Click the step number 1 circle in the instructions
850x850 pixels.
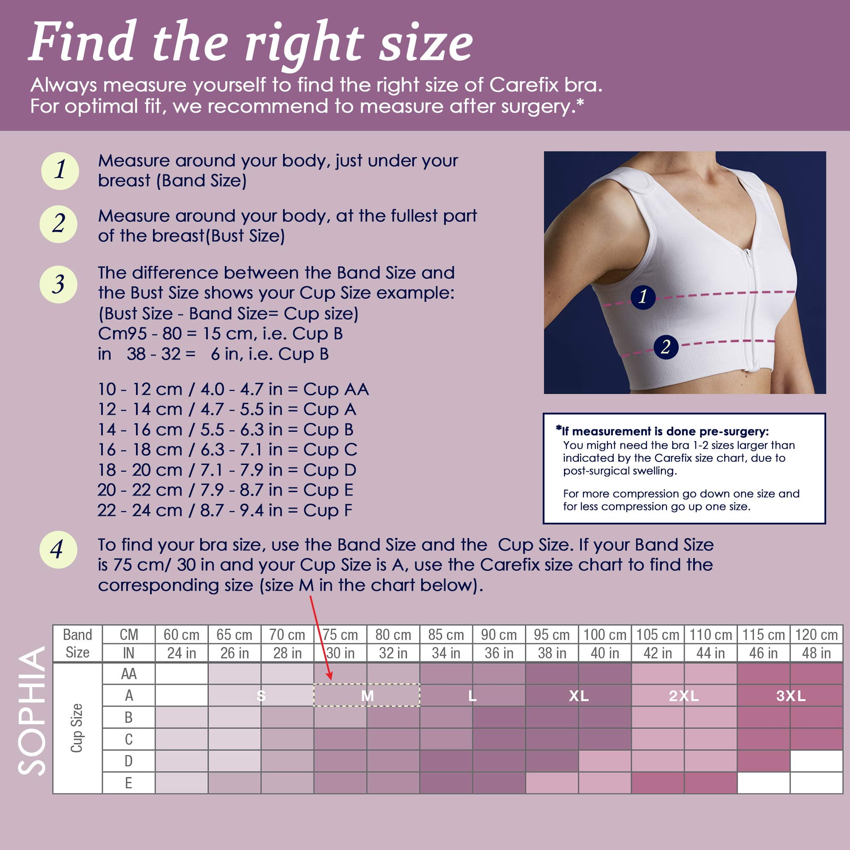[60, 171]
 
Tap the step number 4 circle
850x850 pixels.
[58, 550]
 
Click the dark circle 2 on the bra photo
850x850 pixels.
[666, 347]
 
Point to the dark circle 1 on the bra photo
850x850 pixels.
[643, 297]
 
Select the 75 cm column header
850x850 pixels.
[340, 635]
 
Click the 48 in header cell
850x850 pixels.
[816, 653]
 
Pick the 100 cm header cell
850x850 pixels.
[605, 635]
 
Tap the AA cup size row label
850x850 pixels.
[128, 674]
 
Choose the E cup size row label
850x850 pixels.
[128, 783]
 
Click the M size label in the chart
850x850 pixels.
[367, 696]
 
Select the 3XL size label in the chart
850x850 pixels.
[790, 696]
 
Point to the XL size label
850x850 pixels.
[578, 696]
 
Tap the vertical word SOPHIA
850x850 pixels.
[32, 711]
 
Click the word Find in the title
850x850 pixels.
[82, 42]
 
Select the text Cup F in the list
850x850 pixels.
[328, 510]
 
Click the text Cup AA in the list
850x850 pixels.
[336, 389]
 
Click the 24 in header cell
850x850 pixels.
[182, 653]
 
